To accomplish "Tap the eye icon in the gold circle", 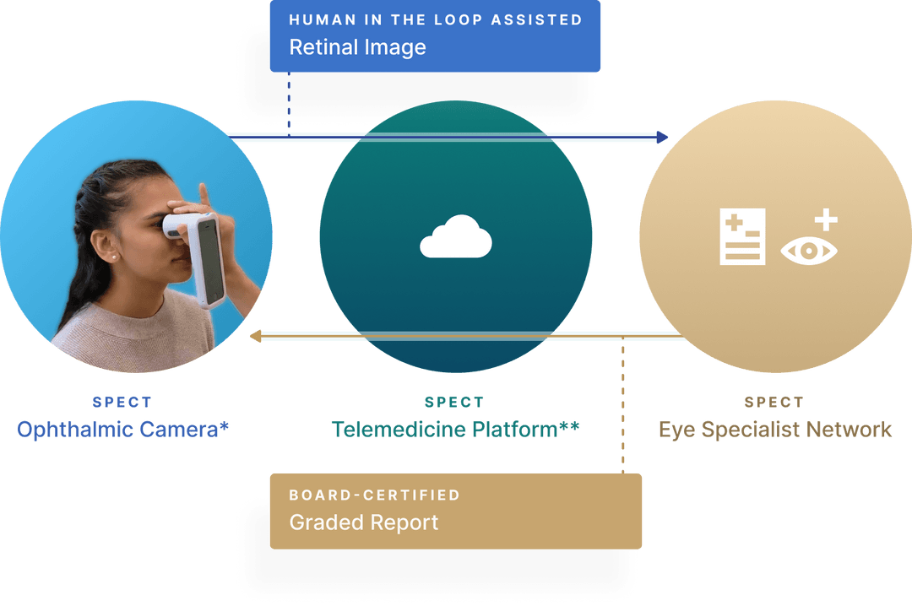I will click(808, 251).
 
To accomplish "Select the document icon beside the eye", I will click(742, 237).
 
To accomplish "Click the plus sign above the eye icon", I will click(825, 221).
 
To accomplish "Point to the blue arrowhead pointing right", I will click(662, 137).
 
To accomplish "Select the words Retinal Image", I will click(357, 47).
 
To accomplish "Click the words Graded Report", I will click(363, 522).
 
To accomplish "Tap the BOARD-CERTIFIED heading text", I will click(374, 495).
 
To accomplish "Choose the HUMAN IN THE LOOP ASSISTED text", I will click(435, 19).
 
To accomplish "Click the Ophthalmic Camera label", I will click(123, 430).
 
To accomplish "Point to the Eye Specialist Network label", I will click(774, 430).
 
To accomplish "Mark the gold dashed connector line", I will click(623, 405).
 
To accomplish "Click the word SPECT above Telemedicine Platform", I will click(453, 403).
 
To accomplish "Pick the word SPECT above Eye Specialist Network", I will click(774, 403).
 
